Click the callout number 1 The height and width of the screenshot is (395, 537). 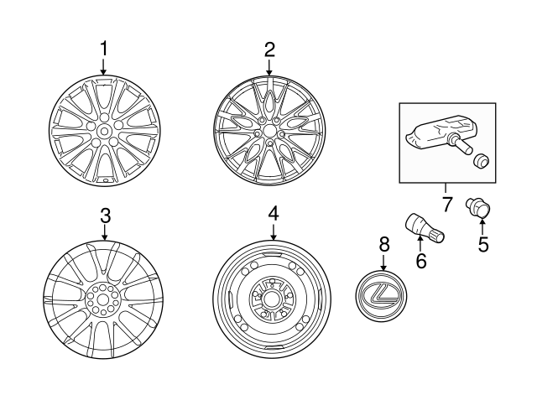tap(104, 49)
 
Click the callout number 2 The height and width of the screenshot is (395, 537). tap(269, 49)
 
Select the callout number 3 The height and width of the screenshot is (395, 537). tap(105, 215)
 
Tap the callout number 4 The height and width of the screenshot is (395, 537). tap(273, 215)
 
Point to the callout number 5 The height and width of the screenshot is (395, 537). tap(482, 245)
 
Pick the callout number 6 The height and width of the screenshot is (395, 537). tap(421, 261)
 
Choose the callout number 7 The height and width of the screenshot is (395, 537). tap(446, 204)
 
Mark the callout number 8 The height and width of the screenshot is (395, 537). tap(384, 244)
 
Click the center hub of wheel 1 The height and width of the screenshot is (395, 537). tap(104, 130)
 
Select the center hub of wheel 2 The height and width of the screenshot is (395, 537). tap(268, 130)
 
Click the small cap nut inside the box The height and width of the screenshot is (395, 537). tap(482, 160)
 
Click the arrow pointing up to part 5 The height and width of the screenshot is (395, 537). tap(482, 226)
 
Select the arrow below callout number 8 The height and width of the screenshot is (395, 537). tap(384, 261)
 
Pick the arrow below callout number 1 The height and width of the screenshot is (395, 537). tap(104, 67)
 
